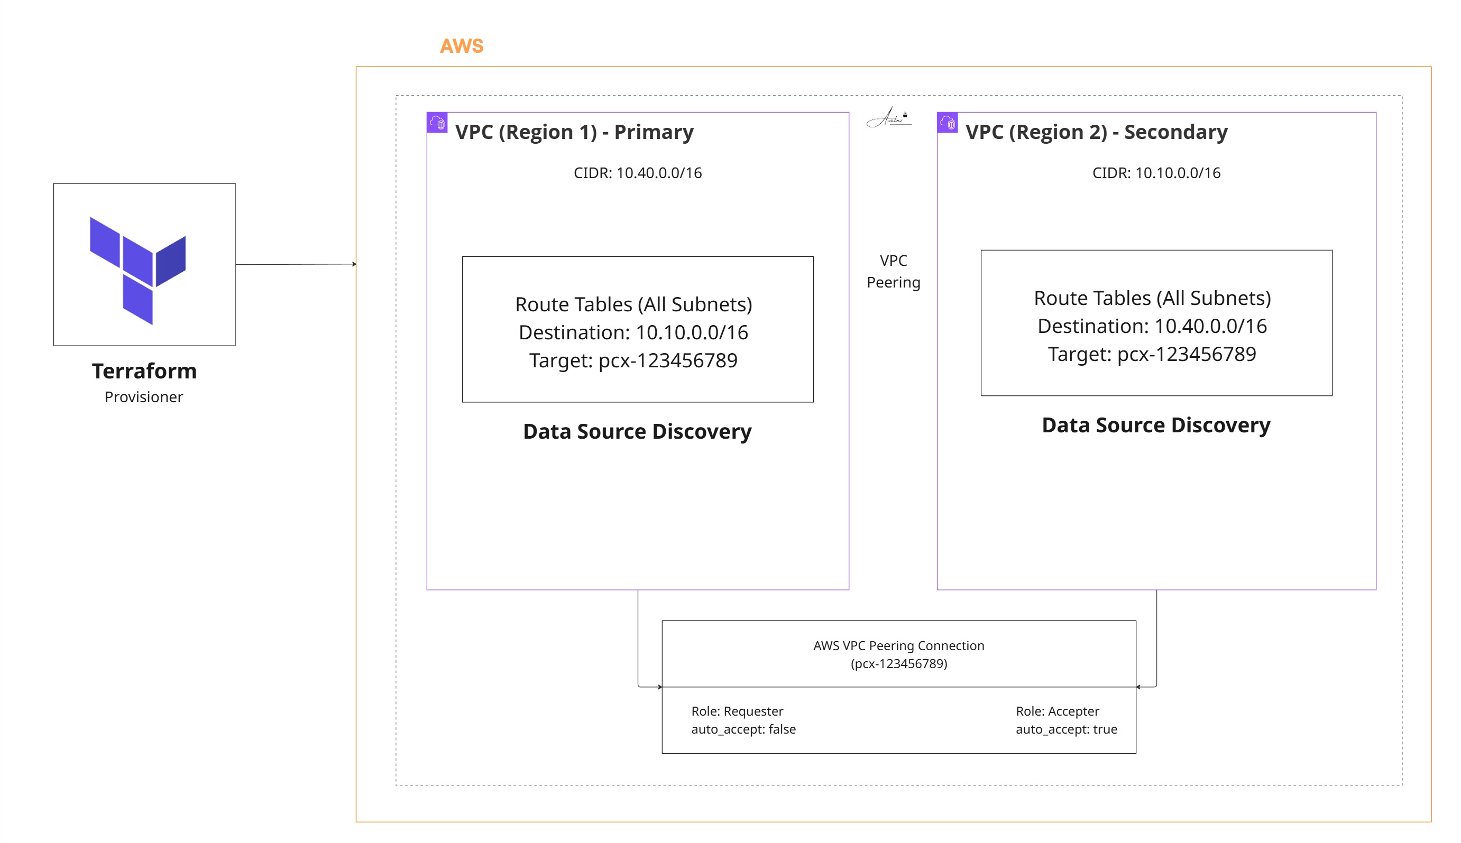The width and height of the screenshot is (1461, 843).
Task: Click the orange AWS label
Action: (x=462, y=46)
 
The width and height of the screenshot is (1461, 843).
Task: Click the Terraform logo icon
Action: (x=138, y=271)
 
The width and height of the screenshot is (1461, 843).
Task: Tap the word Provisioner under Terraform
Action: (x=144, y=397)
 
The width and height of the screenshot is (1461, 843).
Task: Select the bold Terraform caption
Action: (x=144, y=371)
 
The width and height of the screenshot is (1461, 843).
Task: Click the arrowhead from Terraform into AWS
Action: (x=354, y=264)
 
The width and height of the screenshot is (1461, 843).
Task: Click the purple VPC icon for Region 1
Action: (x=437, y=123)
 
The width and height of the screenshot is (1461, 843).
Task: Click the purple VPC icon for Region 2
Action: (x=948, y=123)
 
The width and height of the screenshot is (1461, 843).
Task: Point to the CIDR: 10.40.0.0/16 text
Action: (x=638, y=173)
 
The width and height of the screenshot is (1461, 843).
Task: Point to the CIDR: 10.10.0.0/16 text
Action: (x=1156, y=173)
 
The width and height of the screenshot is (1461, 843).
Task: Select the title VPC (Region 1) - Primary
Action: (x=574, y=132)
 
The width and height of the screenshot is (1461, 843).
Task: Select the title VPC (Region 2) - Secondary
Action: (x=1096, y=132)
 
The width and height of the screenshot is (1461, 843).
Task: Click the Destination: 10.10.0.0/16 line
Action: (x=633, y=332)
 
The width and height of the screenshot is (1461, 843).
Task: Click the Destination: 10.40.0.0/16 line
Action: (x=1152, y=326)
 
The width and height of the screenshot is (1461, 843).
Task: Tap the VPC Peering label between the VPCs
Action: (x=894, y=271)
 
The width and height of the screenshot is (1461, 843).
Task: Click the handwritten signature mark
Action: (x=889, y=117)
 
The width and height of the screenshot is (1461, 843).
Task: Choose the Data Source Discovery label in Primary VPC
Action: (x=637, y=431)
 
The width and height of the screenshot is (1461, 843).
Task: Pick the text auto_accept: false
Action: (x=743, y=729)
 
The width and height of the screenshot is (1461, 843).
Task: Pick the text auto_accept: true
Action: (x=1066, y=729)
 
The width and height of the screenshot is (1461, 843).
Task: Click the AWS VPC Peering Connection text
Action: (x=899, y=645)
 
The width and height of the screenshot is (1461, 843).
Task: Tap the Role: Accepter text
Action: (x=1058, y=711)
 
